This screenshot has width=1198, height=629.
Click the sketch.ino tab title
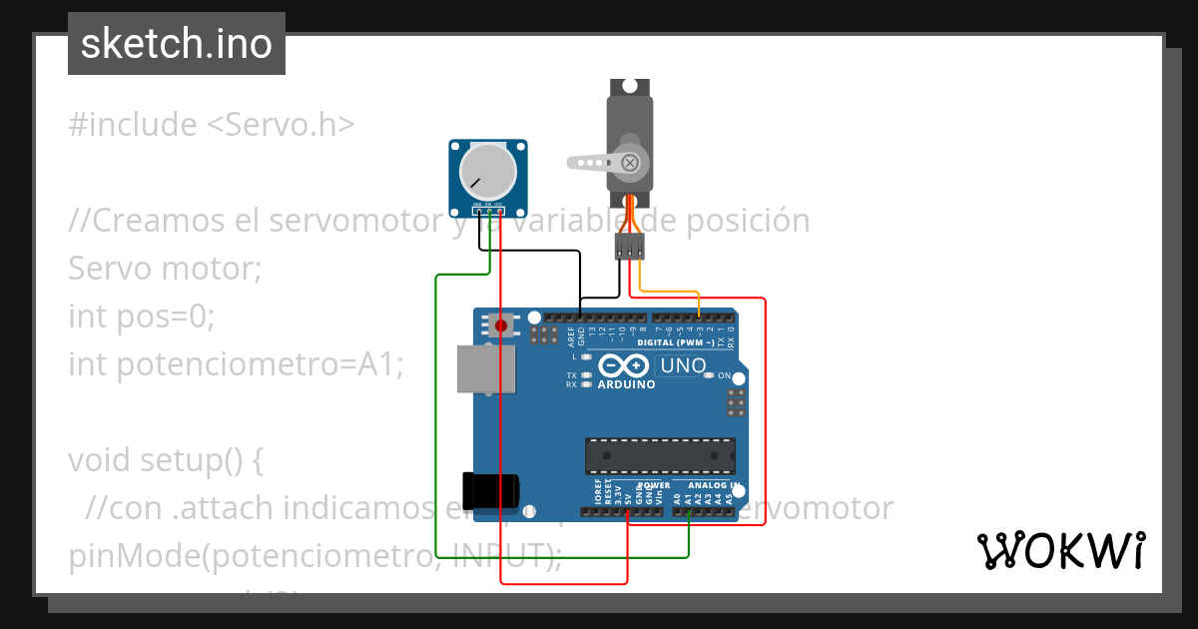(x=177, y=44)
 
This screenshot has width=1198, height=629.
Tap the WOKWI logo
(x=1060, y=550)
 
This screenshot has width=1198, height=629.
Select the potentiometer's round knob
(x=486, y=172)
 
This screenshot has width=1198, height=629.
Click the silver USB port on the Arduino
(x=486, y=369)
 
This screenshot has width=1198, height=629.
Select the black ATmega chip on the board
(x=660, y=455)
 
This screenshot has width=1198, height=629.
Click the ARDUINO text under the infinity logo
(x=626, y=384)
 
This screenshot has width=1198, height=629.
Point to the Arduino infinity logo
(x=626, y=365)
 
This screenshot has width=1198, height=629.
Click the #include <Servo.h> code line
(x=212, y=125)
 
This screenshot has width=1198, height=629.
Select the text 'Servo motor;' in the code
(x=165, y=269)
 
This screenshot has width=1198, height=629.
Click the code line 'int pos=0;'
(x=142, y=316)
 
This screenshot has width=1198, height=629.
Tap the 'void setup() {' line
(x=166, y=460)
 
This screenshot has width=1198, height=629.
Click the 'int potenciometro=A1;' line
(x=236, y=364)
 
